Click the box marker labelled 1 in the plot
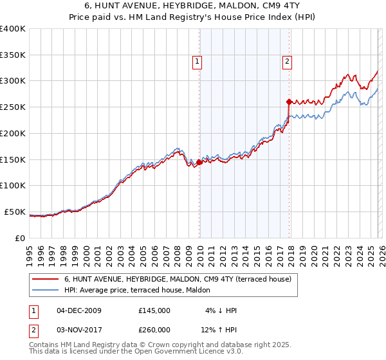click(196, 62)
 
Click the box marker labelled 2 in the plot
click(286, 62)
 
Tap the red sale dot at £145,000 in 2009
click(199, 162)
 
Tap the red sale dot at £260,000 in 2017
click(289, 101)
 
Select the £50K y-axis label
click(14, 212)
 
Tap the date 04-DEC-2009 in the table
click(80, 310)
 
